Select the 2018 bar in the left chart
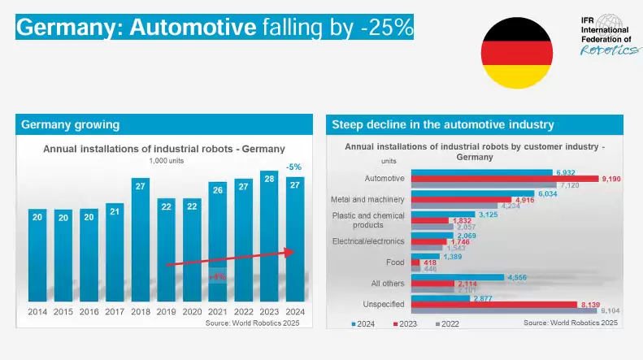(140, 240)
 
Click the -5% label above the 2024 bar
(294, 167)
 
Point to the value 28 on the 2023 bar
(269, 178)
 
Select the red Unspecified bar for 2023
(503, 304)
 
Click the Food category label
(393, 262)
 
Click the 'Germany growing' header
(71, 124)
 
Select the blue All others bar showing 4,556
(458, 277)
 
